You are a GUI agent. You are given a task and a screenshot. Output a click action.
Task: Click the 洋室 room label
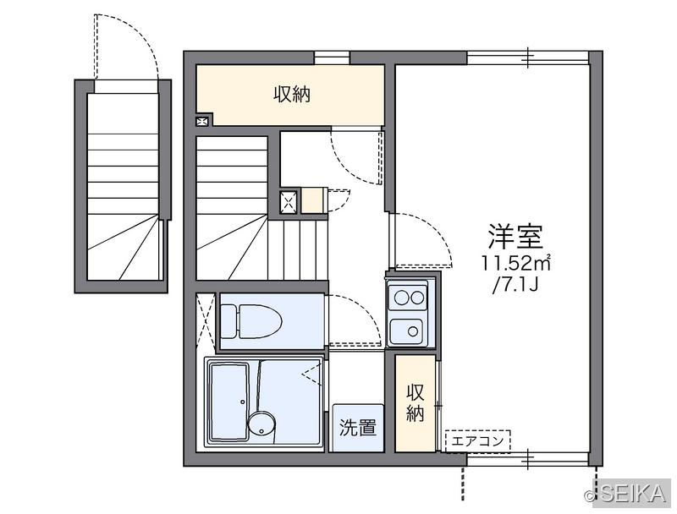coord(515,237)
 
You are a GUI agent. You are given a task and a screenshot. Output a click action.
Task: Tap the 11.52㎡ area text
coord(516,263)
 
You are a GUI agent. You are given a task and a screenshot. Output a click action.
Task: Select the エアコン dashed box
coord(478,441)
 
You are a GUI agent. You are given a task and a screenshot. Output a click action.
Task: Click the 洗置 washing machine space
coord(357,428)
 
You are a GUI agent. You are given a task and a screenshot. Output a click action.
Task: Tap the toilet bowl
coord(250,321)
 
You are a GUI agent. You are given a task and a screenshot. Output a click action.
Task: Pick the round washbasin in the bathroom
coord(261,424)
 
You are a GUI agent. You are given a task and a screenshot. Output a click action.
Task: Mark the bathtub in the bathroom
coord(228,401)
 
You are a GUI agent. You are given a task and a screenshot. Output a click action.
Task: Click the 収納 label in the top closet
coord(292,94)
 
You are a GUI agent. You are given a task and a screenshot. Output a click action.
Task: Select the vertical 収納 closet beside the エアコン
coord(416,403)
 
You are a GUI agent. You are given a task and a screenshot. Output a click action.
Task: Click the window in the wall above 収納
coord(332,57)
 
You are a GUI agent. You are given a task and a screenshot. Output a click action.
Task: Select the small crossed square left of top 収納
coord(202,121)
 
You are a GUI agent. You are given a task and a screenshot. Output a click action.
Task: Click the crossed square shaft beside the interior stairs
coord(289,201)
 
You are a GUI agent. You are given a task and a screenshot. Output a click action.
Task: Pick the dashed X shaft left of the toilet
coord(206,321)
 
